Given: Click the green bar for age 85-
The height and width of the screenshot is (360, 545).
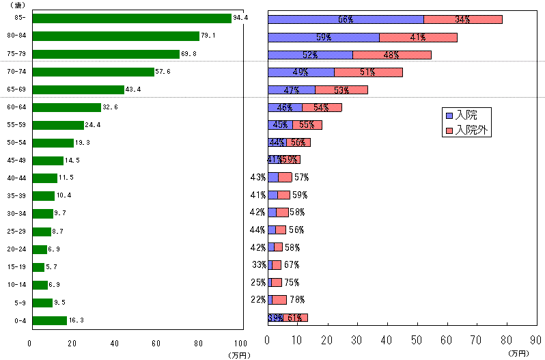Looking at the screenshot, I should coord(132,18).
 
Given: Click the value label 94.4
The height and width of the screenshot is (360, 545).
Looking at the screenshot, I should coord(240,18).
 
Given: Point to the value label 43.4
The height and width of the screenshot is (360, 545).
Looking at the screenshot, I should coord(133,89).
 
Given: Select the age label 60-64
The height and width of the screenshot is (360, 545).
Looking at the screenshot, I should coord(15,107).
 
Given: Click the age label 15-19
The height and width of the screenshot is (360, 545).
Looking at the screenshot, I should coord(15,267).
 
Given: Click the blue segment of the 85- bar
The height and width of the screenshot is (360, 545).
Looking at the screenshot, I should coord(346,19).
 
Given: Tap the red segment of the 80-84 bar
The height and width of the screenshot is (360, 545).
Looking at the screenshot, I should coord(418,38).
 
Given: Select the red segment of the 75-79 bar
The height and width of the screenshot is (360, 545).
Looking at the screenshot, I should coord(392,55).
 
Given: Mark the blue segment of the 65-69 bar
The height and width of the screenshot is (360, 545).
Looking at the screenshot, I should coord(292,89).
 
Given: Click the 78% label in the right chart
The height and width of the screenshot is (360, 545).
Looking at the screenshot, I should coord(297,299).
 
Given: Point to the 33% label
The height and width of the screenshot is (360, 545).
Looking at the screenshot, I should coord(258,264).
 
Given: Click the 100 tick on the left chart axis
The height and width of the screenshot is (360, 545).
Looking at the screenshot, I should coord(239,344).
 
